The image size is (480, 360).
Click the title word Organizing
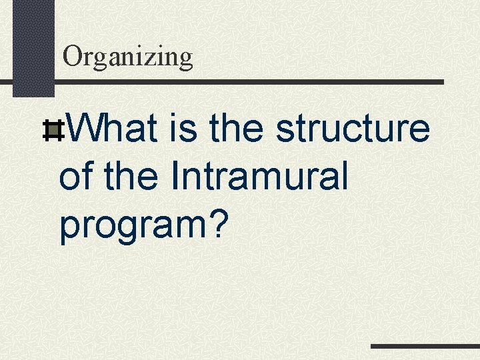point(127,57)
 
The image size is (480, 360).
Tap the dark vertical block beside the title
point(33,47)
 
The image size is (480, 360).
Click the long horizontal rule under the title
point(247,82)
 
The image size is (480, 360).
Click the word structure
point(353,129)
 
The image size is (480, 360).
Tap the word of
point(76,177)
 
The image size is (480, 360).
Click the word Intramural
point(259,177)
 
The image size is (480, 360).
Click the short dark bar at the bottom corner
point(425,347)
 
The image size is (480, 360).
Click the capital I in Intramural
point(175,177)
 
